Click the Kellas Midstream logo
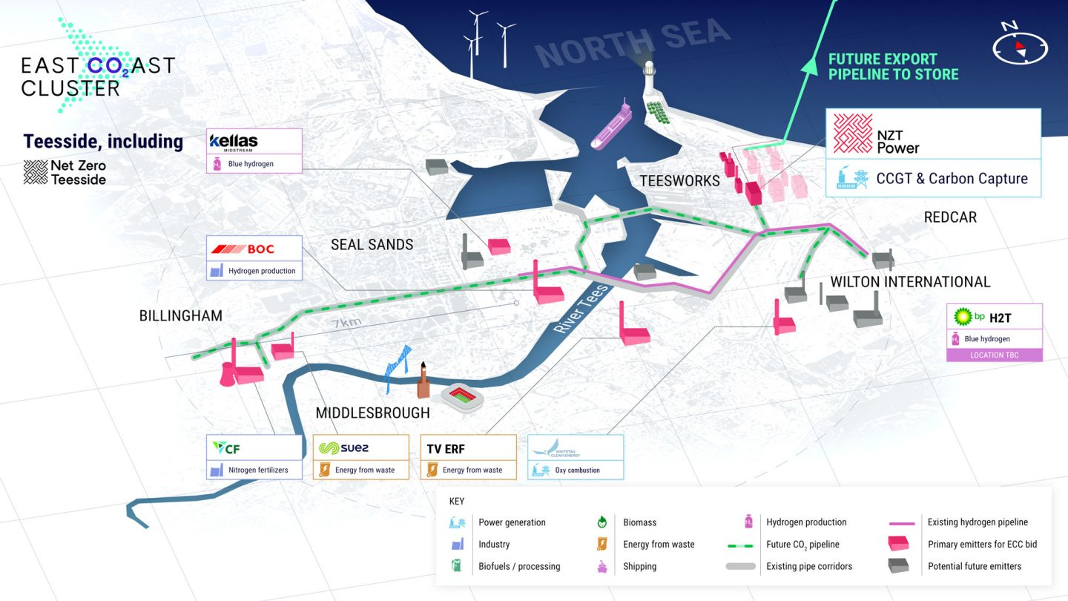[234, 141]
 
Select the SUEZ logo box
[360, 457]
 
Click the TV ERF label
[446, 449]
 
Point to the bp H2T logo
[983, 317]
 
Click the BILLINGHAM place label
[181, 316]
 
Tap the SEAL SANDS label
[372, 244]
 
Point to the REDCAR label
[950, 217]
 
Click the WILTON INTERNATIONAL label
[910, 282]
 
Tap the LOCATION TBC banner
[994, 355]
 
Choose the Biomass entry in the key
[639, 522]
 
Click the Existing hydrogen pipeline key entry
[978, 522]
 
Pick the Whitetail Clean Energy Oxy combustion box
[576, 457]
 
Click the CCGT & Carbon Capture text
[952, 178]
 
